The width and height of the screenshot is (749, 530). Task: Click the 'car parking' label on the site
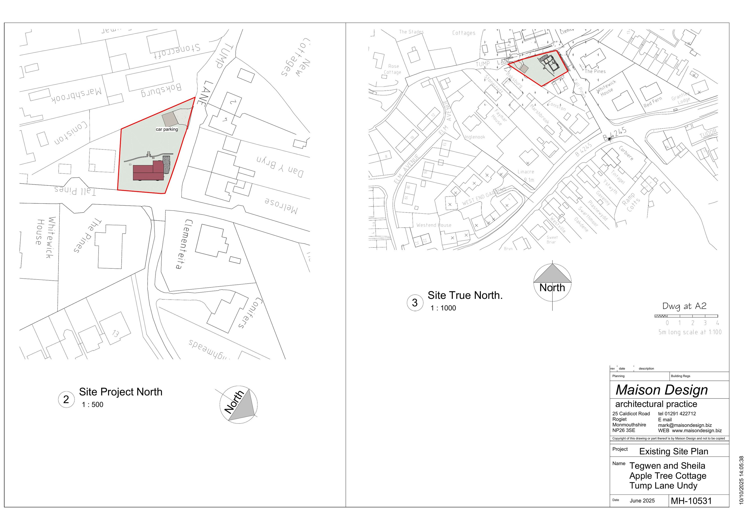167,129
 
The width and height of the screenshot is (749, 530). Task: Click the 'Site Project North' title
120,392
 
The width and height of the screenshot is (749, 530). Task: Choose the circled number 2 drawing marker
66,399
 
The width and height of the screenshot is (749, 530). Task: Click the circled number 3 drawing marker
415,303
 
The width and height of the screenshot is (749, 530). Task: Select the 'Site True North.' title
465,295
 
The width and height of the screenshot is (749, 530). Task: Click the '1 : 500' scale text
92,405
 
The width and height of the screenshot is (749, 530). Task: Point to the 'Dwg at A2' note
684,306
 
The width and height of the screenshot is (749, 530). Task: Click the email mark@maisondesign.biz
685,425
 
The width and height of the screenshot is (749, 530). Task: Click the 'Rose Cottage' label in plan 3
393,69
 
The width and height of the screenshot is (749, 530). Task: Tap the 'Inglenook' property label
475,137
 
